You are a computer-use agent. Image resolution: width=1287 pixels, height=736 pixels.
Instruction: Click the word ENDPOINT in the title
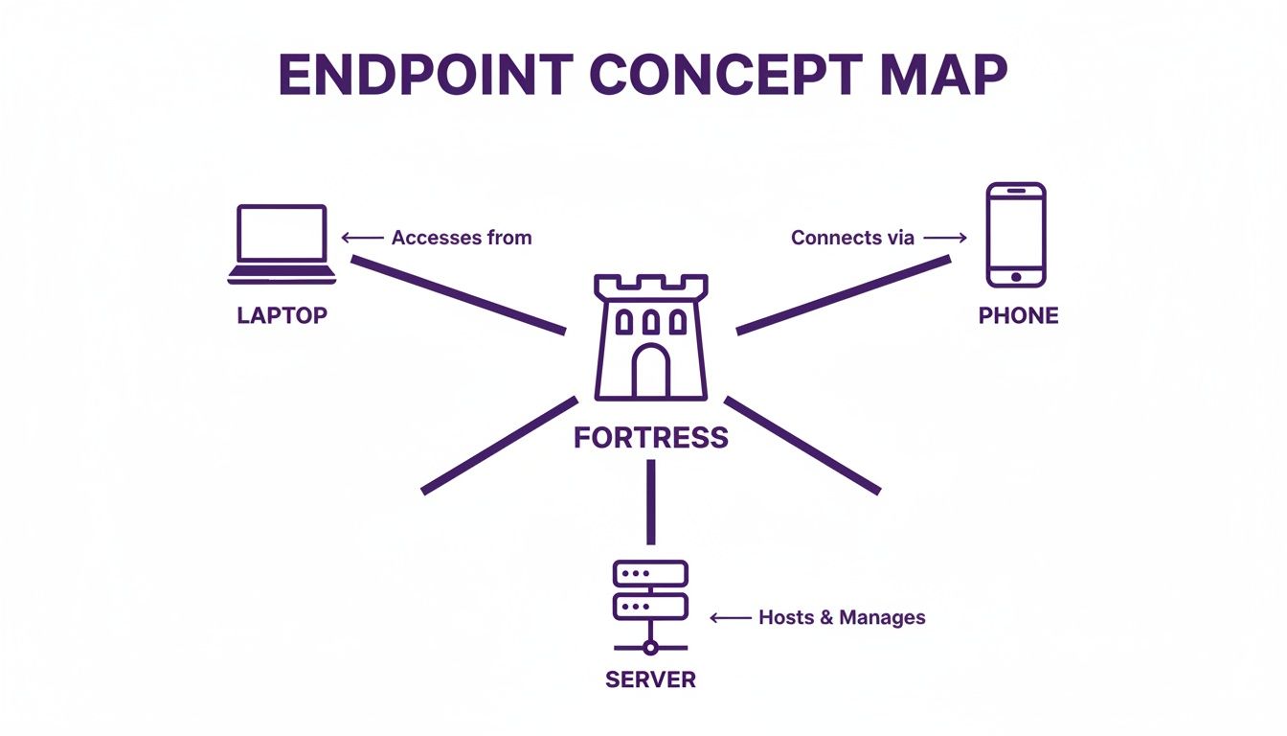(425, 75)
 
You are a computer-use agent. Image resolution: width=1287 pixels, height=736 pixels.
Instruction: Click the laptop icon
(282, 244)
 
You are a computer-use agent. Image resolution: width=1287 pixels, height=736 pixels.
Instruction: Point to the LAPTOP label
(282, 315)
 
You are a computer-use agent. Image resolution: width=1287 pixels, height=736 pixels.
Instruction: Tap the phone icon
(1016, 236)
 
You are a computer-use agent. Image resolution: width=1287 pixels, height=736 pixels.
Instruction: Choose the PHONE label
(1018, 315)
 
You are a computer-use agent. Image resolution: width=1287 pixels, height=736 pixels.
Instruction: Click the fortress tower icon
(651, 336)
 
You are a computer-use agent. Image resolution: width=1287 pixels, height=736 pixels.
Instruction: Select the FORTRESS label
(651, 438)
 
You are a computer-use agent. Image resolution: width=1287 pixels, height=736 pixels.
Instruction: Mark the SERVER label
(650, 680)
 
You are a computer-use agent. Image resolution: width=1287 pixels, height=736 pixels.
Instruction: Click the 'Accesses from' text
(462, 238)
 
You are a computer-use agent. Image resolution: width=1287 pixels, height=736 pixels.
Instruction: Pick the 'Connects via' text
(852, 238)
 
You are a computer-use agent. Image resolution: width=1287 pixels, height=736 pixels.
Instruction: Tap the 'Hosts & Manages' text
(842, 618)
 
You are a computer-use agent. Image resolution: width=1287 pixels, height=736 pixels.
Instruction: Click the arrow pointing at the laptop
(362, 238)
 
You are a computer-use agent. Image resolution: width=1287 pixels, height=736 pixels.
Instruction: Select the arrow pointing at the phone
(946, 238)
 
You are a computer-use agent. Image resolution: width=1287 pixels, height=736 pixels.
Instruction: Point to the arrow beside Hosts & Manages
(731, 618)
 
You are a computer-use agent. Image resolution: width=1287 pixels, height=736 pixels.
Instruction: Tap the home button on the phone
(1016, 276)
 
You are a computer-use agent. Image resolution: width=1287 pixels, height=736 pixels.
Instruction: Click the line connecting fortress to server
(651, 502)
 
